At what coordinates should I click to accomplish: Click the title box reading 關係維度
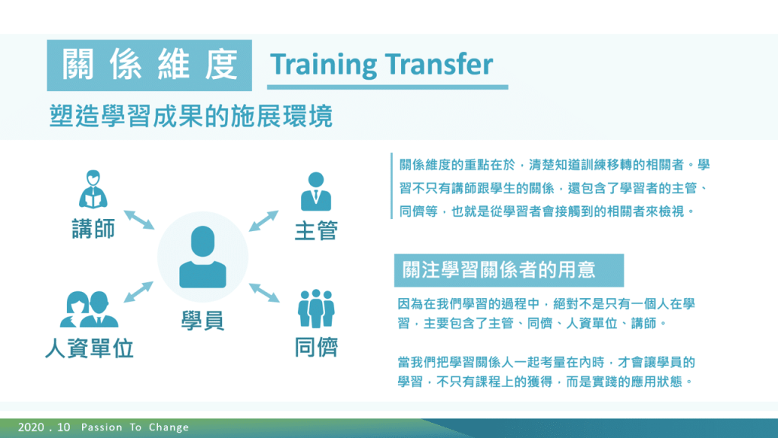[150, 65]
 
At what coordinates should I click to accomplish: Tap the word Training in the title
[324, 65]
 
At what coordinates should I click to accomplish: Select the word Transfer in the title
[439, 64]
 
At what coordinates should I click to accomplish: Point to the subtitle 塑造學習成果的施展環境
[191, 116]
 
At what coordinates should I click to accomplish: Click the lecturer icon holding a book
[93, 189]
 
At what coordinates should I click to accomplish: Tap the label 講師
[93, 229]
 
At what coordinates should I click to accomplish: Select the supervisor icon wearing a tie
[316, 192]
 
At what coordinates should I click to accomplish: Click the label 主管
[316, 231]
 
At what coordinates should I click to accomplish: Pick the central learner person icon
[202, 257]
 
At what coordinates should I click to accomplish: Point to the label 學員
[202, 320]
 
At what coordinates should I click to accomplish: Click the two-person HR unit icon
[90, 309]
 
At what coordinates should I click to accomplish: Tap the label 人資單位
[90, 348]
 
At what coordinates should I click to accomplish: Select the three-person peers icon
[316, 309]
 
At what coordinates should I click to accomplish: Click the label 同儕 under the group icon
[316, 347]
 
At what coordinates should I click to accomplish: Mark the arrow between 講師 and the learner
[139, 220]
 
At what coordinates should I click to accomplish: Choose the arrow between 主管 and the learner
[264, 221]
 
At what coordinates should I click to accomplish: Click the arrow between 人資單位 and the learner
[138, 292]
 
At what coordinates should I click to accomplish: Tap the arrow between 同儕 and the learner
[264, 293]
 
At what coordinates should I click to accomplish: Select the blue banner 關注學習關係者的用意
[508, 270]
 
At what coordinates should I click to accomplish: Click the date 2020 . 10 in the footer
[44, 427]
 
